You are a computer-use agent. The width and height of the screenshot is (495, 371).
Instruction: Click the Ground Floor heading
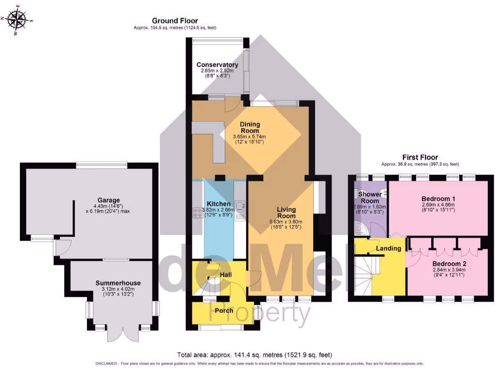175,21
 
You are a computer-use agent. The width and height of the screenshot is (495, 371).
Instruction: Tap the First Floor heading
420,157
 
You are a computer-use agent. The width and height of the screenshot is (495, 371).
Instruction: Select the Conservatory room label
217,65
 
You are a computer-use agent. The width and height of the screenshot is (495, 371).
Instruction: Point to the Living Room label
286,213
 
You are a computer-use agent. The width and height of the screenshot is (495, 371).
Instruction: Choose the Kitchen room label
219,204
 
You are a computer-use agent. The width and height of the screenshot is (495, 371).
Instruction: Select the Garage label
108,200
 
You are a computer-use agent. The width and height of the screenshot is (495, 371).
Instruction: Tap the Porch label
224,311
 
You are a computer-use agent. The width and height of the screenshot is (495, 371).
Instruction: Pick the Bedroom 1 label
438,199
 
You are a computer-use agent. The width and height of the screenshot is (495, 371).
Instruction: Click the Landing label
389,248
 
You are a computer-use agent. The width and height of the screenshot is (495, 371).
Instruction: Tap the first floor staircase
367,273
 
